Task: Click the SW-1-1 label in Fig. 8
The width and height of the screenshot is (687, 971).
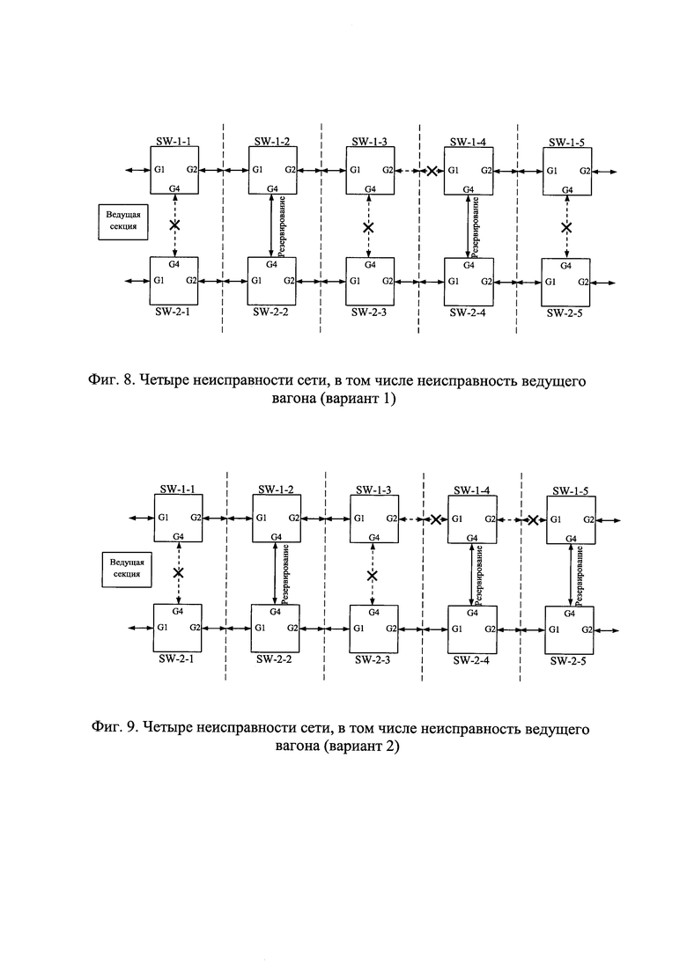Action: pos(173,141)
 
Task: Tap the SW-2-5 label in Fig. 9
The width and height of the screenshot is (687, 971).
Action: pos(568,661)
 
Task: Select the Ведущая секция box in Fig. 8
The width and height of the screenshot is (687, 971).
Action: pos(123,221)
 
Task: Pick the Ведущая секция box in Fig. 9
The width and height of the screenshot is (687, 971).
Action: pos(127,569)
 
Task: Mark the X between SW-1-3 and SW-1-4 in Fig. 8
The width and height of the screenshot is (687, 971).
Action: pos(432,171)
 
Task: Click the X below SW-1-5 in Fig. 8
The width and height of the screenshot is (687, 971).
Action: pos(566,228)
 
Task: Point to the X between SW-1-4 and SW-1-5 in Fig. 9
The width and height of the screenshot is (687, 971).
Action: pos(533,519)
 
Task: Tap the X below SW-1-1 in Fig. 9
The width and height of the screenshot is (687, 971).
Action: pos(179,573)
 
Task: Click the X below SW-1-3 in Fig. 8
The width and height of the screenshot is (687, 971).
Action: pos(368,228)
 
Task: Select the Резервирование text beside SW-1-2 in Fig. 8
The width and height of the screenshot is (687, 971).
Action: pos(282,226)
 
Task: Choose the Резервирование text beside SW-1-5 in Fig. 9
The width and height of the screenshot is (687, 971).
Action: pos(580,575)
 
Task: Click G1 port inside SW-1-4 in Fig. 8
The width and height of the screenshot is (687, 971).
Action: pos(454,170)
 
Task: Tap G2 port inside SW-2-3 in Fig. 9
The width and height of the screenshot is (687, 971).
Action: pos(392,629)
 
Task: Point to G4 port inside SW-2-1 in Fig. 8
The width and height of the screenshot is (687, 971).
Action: pos(174,264)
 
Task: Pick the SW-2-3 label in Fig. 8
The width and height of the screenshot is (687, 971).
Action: pos(368,313)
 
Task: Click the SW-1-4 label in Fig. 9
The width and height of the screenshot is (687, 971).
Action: pos(471,490)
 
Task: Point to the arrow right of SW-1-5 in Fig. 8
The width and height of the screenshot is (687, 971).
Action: pos(604,172)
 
